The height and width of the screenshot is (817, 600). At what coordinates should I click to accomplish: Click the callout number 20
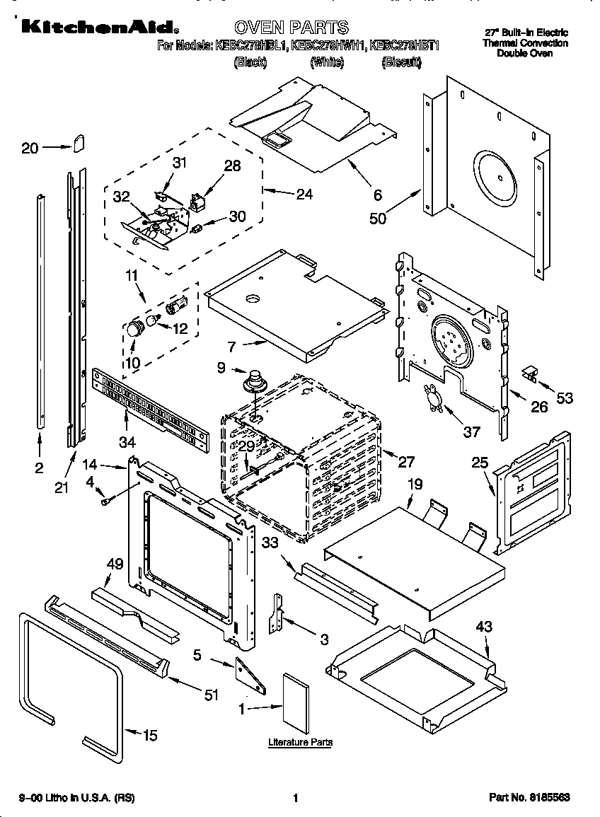(29, 148)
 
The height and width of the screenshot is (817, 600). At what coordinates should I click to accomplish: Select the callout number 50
(378, 219)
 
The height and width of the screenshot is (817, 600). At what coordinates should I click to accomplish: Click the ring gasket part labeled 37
(432, 397)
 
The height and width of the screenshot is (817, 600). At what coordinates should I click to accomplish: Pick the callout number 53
(564, 398)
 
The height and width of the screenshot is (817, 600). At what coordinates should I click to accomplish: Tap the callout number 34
(127, 443)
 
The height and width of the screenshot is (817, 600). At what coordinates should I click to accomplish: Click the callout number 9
(221, 367)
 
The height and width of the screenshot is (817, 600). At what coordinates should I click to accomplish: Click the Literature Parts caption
(300, 743)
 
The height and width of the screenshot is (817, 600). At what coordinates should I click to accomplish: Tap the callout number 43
(484, 627)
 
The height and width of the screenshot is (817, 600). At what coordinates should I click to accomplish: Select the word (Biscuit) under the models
(401, 63)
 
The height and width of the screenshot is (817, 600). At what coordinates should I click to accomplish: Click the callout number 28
(232, 166)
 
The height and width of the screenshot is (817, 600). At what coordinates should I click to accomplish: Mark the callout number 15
(149, 736)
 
